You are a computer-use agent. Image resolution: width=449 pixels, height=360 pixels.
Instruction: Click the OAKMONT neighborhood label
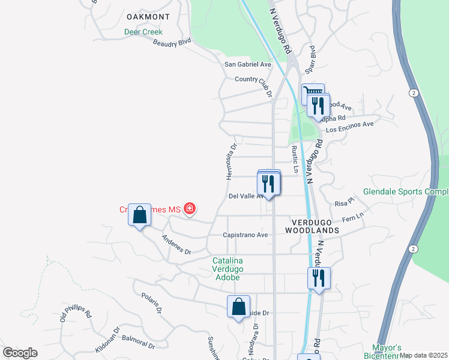(x=148, y=17)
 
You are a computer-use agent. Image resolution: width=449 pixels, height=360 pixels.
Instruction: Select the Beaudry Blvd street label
(x=172, y=43)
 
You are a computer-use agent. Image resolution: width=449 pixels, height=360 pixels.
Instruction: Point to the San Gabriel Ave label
(x=248, y=64)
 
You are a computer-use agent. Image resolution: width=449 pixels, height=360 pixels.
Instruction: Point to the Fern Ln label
(x=353, y=218)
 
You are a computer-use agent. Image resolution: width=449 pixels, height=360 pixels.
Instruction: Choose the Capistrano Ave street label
(x=246, y=235)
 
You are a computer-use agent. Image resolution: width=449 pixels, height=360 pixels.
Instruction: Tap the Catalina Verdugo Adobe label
(x=227, y=269)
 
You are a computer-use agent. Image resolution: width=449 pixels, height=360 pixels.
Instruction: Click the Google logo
(x=20, y=353)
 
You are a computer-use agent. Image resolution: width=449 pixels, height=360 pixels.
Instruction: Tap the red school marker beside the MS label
(x=190, y=209)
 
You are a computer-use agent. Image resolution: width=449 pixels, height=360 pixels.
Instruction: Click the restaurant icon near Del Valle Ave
(x=268, y=184)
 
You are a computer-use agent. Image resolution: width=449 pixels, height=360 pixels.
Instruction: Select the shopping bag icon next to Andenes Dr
(x=139, y=216)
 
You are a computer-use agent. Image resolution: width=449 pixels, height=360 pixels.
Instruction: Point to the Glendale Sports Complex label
(x=406, y=193)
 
